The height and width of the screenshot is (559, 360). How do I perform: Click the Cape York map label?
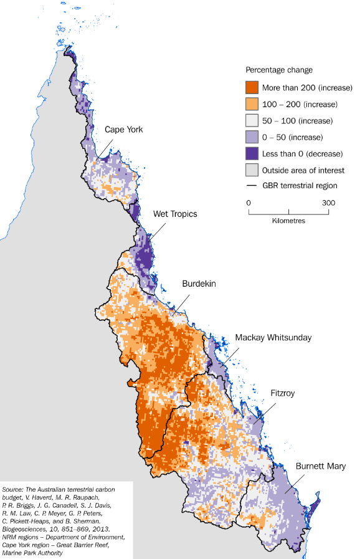click(123, 130)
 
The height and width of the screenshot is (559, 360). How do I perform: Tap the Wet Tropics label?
click(175, 214)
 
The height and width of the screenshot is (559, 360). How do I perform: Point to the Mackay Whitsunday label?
click(273, 338)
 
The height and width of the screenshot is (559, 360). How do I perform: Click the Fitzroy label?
click(286, 394)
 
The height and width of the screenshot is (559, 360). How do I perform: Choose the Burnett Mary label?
click(321, 466)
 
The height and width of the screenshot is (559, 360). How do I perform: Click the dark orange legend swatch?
click(252, 87)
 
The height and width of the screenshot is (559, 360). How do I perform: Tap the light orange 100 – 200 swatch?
click(252, 104)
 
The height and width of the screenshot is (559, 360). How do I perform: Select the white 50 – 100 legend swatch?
click(252, 120)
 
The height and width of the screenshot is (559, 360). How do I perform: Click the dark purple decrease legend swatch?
click(252, 153)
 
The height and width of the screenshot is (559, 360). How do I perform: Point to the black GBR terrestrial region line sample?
click(252, 186)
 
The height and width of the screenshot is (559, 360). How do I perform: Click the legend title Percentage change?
click(279, 70)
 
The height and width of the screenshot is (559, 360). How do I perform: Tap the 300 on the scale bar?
click(329, 203)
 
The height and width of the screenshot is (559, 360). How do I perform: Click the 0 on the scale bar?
click(249, 203)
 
